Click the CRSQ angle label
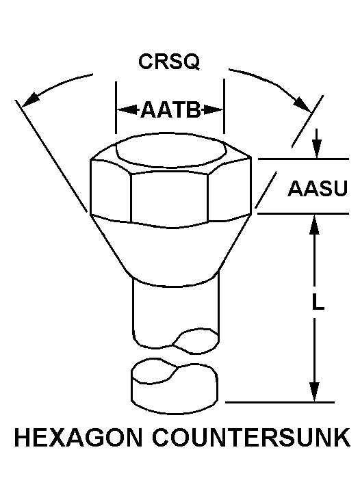[169, 62]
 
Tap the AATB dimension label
[170, 110]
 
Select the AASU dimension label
[318, 188]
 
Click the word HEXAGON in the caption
[78, 437]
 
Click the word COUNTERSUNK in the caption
[251, 437]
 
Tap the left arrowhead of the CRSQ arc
[30, 98]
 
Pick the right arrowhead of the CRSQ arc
[303, 104]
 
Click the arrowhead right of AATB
[212, 110]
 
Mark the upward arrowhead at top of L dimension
[314, 225]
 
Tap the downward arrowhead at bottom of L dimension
[314, 391]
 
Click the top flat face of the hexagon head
[171, 152]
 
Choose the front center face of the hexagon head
[170, 198]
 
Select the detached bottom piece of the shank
[175, 387]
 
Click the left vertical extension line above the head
[116, 108]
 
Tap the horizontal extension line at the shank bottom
[280, 402]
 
